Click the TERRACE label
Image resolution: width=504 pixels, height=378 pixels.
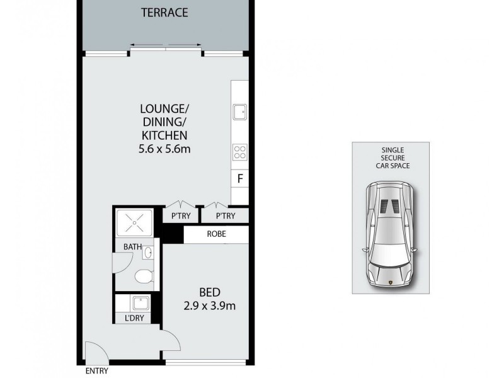[164, 13]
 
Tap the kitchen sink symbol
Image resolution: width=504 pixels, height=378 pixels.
[239, 112]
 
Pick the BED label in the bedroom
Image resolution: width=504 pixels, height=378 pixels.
[209, 293]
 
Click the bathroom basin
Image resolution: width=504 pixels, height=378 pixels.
[148, 253]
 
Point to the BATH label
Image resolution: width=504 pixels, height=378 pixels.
[132, 247]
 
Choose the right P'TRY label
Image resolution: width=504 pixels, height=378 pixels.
[224, 216]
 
